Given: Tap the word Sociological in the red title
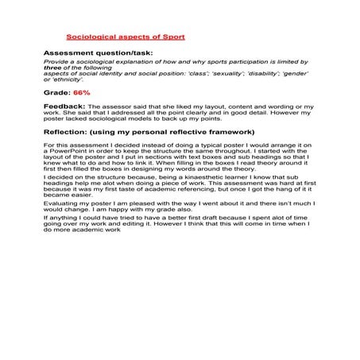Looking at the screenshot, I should pyautogui.click(x=90, y=37).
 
